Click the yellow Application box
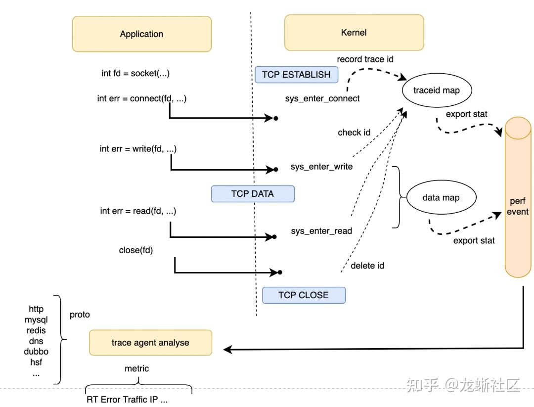(x=141, y=34)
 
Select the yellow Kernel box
(x=354, y=33)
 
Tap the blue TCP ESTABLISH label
(x=296, y=75)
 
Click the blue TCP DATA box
(x=252, y=194)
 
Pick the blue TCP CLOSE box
(x=303, y=295)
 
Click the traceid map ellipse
(x=436, y=90)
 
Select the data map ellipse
(x=441, y=198)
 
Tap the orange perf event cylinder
(x=518, y=198)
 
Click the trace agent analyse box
(x=150, y=343)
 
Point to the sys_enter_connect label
(x=322, y=98)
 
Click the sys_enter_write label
(x=321, y=167)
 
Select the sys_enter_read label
(x=321, y=231)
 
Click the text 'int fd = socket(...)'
(x=135, y=73)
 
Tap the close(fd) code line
(x=136, y=250)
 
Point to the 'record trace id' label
(x=365, y=59)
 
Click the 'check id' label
(x=354, y=133)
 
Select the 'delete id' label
(x=367, y=266)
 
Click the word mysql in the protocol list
(x=36, y=320)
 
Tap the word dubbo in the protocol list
(x=36, y=352)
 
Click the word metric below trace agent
(x=136, y=368)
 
